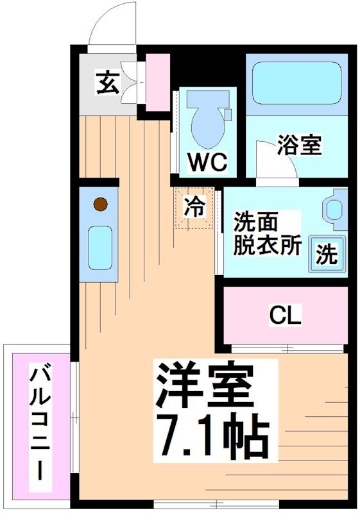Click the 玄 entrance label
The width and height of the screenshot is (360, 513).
pyautogui.click(x=107, y=84)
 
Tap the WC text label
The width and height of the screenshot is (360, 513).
pyautogui.click(x=207, y=163)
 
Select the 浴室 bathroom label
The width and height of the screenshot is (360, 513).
pyautogui.click(x=299, y=145)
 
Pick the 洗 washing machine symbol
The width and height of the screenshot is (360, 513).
pyautogui.click(x=327, y=255)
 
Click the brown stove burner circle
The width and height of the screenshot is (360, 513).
pyautogui.click(x=99, y=205)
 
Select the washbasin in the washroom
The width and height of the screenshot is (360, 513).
pyautogui.click(x=334, y=208)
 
